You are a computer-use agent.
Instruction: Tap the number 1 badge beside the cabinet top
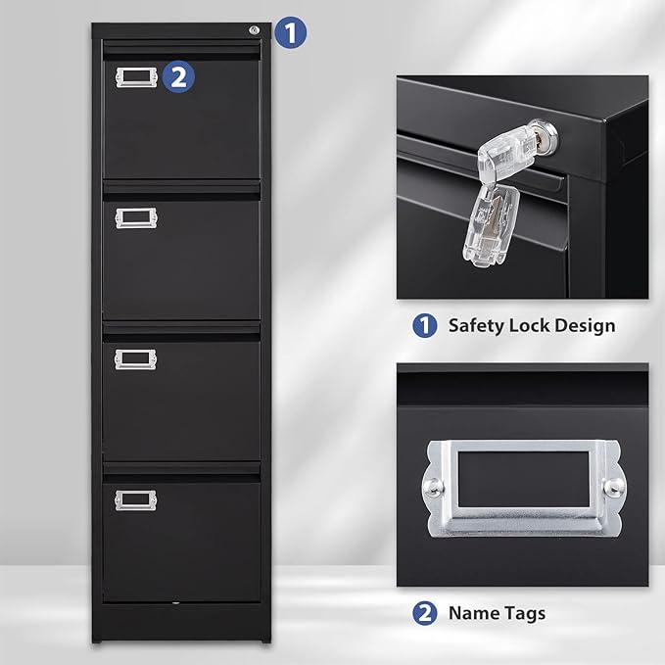290,32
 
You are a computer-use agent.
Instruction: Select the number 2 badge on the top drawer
177,76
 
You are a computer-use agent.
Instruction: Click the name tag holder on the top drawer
136,77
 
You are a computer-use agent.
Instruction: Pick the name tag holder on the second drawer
136,217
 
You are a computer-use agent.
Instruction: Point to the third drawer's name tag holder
136,359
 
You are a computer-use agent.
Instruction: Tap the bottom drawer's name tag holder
136,499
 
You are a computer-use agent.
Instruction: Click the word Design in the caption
587,326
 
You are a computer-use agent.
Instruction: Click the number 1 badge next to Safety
424,326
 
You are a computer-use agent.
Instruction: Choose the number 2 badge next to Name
424,614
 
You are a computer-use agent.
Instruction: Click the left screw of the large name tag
432,486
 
